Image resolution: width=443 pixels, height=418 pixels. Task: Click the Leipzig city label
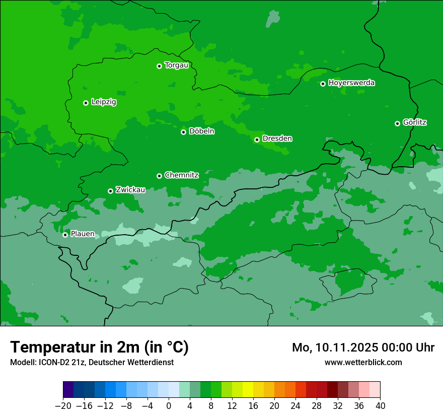pos(104,102)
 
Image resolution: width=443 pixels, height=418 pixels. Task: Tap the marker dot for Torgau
pos(159,66)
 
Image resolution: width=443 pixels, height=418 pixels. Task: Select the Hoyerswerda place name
pos(351,83)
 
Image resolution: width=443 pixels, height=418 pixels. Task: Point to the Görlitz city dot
pos(397,123)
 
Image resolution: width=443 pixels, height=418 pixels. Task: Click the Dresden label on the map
pos(277,138)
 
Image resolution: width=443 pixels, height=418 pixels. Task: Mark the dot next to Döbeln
pos(183,132)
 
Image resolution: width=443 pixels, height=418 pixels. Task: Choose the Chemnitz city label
pos(181,175)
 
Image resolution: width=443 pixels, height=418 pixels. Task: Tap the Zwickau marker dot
pos(110,191)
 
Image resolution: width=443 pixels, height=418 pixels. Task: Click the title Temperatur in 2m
pos(99,347)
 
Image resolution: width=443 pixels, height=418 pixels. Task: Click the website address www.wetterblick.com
pos(363,362)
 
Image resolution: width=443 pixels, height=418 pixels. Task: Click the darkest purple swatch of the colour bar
pos(68,390)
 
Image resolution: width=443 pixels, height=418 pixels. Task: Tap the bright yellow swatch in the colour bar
pos(248,390)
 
